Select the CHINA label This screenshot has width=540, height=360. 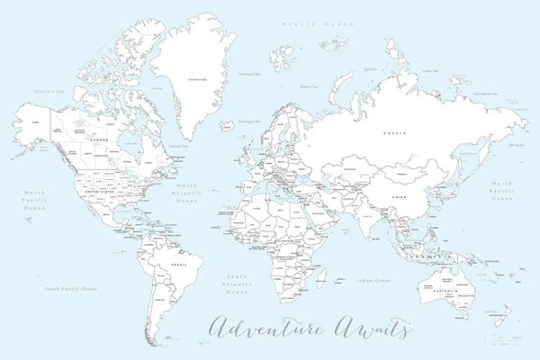396,194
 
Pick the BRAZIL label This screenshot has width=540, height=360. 178,264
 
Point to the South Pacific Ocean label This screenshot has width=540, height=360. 71,289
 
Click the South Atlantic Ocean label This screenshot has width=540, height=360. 236,283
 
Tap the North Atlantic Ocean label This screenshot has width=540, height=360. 187,193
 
